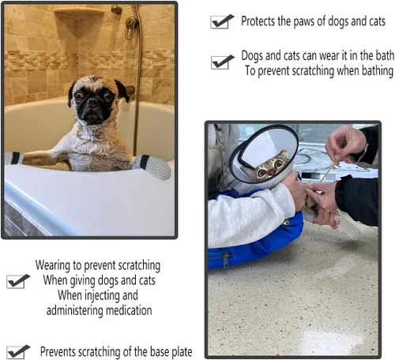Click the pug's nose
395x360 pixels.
[x=92, y=102]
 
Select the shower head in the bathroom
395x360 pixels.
[x=117, y=9]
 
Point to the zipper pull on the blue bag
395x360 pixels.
[x=226, y=258]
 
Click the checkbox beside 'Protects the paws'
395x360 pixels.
[x=222, y=21]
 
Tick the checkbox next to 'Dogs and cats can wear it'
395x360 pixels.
[x=222, y=62]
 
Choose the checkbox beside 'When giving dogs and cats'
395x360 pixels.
[x=18, y=281]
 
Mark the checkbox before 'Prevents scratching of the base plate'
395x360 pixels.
[x=18, y=352]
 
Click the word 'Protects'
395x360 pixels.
[x=258, y=21]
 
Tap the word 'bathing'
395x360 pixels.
[x=378, y=71]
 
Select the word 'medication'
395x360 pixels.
[x=129, y=310]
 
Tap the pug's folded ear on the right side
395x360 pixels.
[x=122, y=91]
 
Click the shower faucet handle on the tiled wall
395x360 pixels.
[x=130, y=26]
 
